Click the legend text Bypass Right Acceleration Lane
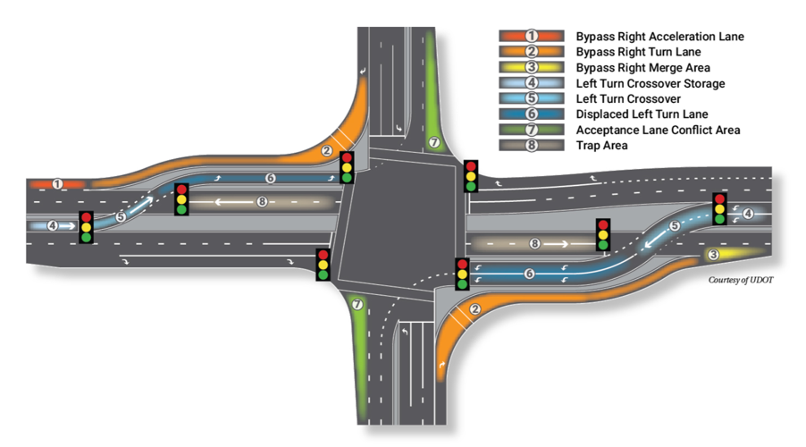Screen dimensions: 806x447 pos(659,37)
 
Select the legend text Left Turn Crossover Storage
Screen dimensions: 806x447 pos(651,83)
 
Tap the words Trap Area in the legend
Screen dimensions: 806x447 pos(601,146)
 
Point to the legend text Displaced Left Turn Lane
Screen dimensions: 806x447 pos(642,114)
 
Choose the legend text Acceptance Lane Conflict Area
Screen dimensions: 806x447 pos(658,131)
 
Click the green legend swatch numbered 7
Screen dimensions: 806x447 pos(532,130)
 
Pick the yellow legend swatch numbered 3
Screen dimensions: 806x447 pos(532,67)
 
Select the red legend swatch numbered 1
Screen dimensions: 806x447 pos(532,36)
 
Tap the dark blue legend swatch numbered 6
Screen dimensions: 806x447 pos(532,114)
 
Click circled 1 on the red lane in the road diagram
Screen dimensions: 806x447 pos(57,183)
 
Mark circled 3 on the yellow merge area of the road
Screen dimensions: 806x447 pos(713,254)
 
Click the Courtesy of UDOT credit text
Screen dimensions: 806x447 pos(741,280)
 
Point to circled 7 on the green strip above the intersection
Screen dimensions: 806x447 pos(434,142)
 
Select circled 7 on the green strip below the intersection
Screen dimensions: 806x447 pos(357,305)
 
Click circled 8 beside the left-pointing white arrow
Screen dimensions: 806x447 pos(262,202)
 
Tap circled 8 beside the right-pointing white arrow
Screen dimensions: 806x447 pos(534,243)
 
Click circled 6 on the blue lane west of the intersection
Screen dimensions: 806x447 pos(271,178)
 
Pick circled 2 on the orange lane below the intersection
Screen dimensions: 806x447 pos(475,309)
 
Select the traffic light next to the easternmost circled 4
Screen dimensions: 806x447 pos(719,208)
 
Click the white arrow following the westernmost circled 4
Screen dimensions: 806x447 pos(67,225)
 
